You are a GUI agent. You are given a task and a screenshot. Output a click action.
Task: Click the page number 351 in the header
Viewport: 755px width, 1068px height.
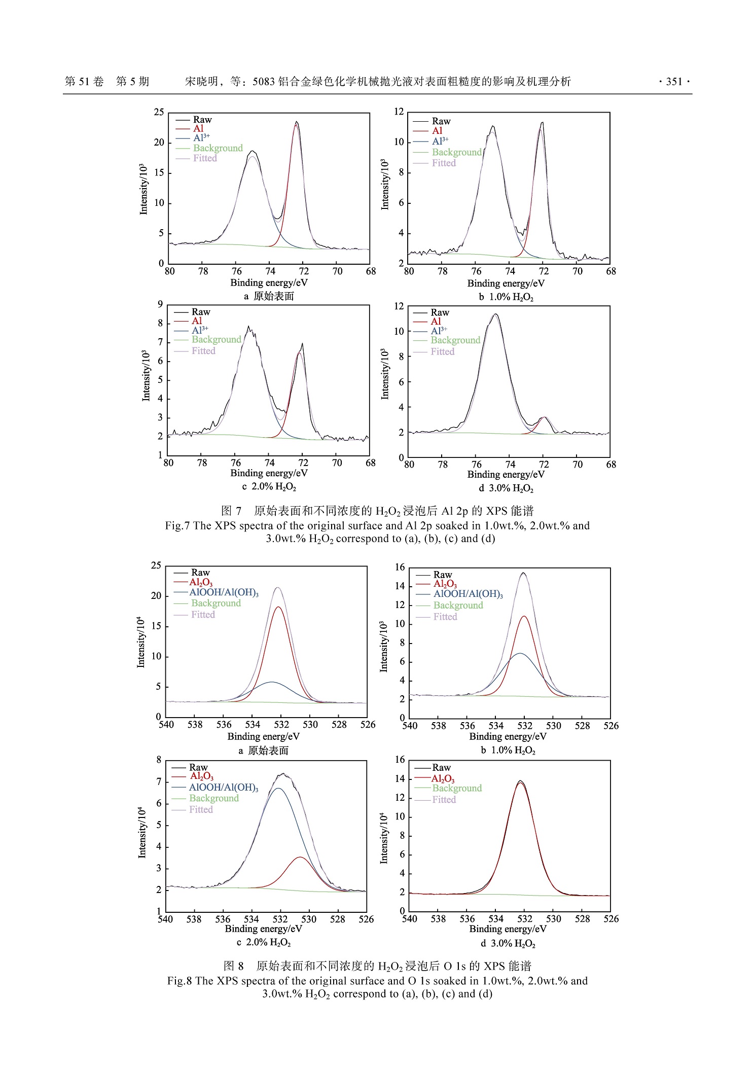click(674, 82)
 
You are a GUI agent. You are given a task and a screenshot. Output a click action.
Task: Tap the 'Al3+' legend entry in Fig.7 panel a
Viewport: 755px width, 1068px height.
click(201, 138)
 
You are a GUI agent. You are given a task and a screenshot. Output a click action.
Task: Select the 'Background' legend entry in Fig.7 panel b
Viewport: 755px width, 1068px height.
click(456, 152)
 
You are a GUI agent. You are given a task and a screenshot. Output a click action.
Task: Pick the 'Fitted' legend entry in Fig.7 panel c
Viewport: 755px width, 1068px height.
click(203, 351)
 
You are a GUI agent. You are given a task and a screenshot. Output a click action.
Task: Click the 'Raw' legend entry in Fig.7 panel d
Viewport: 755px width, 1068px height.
click(440, 312)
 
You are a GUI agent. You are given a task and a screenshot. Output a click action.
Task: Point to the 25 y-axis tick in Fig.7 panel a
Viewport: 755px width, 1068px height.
click(159, 112)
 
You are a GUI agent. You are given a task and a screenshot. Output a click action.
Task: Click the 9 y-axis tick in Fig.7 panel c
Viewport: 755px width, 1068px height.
click(160, 304)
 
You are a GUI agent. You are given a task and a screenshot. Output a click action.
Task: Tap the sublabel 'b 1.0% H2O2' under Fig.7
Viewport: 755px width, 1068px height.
click(506, 297)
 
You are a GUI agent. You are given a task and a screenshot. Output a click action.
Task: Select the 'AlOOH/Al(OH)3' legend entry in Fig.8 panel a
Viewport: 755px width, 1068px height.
click(224, 592)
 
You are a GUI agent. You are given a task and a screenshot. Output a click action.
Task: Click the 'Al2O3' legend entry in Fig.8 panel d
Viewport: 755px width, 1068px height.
click(443, 778)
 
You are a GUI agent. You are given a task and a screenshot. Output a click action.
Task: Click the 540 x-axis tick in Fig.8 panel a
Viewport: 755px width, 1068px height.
click(166, 725)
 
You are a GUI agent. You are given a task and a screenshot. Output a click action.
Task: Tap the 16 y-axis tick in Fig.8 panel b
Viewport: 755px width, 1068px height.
click(400, 567)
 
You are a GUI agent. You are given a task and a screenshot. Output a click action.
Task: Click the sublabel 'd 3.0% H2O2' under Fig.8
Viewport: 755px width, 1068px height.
click(508, 944)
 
